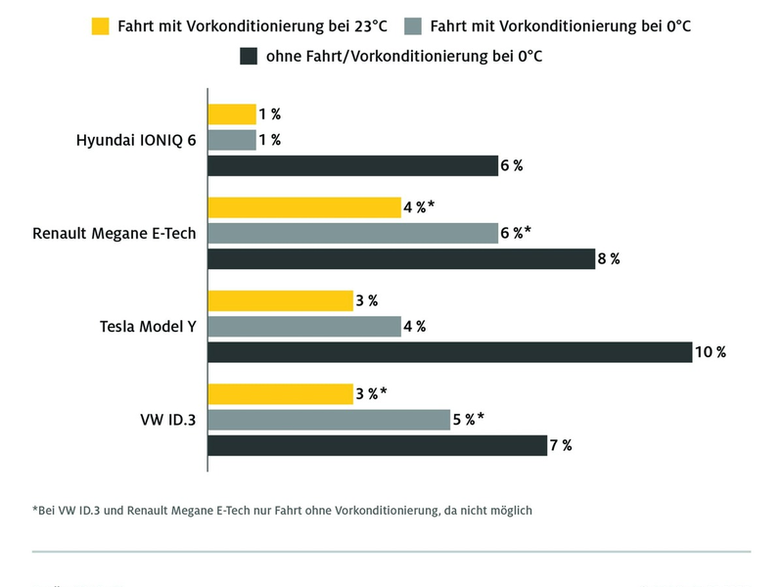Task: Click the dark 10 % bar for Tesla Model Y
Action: click(449, 352)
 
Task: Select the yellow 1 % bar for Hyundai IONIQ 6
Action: click(232, 113)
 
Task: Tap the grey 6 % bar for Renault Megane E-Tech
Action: click(352, 233)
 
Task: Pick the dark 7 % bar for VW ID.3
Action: click(377, 446)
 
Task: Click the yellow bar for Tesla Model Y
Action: click(280, 301)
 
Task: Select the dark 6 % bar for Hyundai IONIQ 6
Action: click(352, 165)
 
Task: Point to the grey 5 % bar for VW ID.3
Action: click(329, 420)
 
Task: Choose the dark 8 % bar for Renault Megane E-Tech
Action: click(401, 259)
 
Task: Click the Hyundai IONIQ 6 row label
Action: click(136, 140)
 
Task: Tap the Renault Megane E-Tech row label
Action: click(115, 234)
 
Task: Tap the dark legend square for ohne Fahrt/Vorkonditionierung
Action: click(248, 58)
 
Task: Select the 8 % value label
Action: click(609, 259)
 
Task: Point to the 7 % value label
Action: click(561, 446)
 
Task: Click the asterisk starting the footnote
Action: click(35, 509)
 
